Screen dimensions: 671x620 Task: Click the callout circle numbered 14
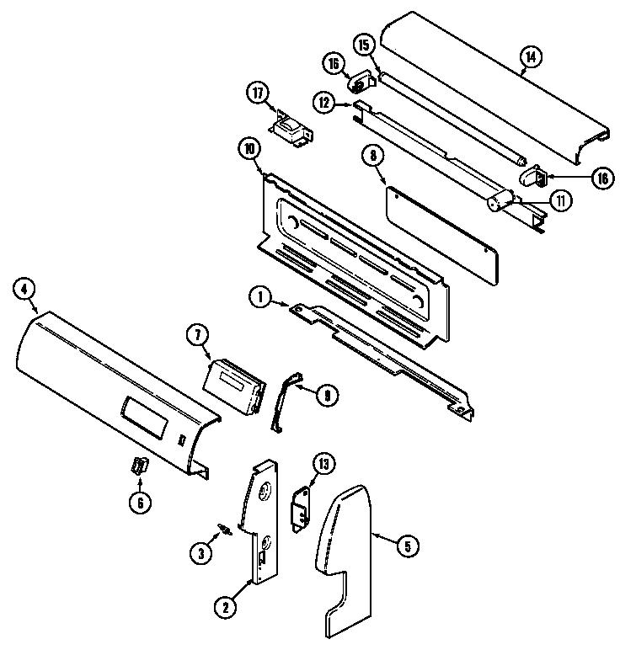coord(531,58)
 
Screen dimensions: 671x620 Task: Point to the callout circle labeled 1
coord(261,296)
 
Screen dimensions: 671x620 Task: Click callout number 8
coord(371,155)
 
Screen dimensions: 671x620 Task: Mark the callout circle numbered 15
coord(364,45)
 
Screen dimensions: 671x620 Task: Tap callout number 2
coord(224,605)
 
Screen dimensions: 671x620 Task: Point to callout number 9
coord(326,392)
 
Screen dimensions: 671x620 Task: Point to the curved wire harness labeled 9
coord(285,400)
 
